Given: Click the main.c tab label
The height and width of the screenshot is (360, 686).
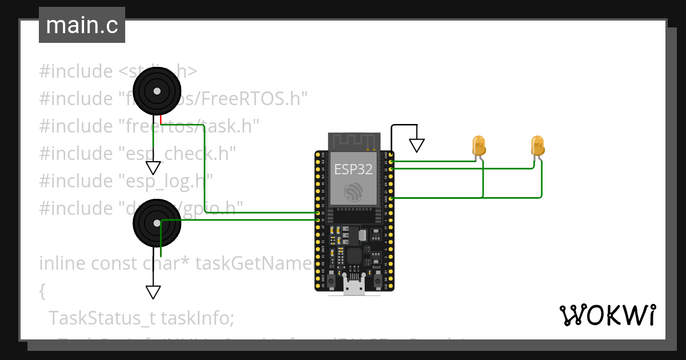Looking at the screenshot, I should coord(82,25).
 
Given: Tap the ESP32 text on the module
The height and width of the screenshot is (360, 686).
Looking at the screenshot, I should coord(353,169).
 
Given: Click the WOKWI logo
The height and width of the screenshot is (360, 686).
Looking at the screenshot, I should coord(607,315).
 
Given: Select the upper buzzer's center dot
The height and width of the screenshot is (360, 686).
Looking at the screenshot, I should coord(157,91).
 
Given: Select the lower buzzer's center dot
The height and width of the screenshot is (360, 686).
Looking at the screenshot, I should coord(157,223).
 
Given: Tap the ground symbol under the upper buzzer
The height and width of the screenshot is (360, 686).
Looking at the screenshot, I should coord(153,167).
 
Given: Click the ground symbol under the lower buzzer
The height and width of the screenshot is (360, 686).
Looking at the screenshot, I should coord(153,292).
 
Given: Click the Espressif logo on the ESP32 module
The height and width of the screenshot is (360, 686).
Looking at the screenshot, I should coord(353,192).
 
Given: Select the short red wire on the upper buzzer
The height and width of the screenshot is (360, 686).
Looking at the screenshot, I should coord(162,119).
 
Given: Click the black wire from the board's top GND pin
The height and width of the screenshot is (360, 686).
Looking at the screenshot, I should coord(392,137).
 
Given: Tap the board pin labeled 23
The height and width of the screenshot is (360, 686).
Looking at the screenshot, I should coord(391,162).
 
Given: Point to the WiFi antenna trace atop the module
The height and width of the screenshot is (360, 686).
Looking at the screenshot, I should coord(353,141).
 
